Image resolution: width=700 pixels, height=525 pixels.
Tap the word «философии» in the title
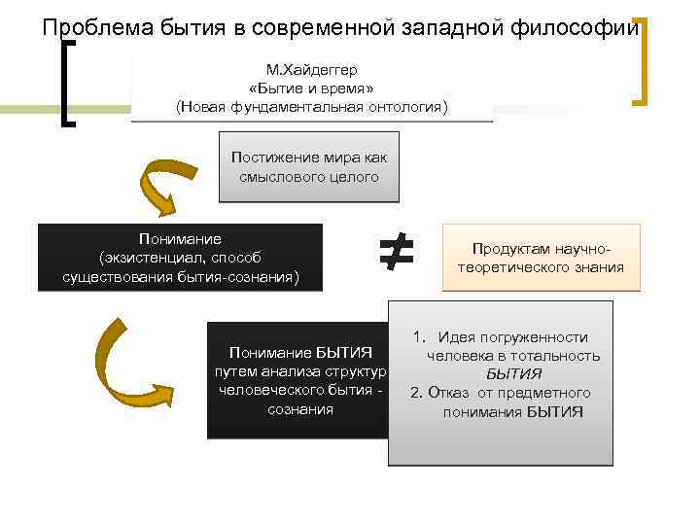tap(586, 27)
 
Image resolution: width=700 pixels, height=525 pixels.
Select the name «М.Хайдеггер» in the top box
tap(312, 70)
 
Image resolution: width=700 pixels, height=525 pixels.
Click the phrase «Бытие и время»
tap(312, 87)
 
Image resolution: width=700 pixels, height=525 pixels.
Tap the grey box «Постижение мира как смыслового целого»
tap(309, 166)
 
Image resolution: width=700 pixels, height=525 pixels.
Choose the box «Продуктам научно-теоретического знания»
tap(542, 258)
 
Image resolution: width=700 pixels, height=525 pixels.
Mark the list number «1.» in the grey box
tap(420, 337)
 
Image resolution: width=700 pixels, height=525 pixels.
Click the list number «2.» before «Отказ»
tap(416, 393)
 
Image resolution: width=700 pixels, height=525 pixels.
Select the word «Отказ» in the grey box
tap(450, 393)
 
